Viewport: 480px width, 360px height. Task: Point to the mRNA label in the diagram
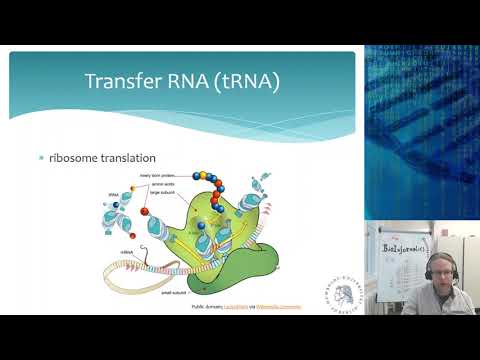[128, 252]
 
